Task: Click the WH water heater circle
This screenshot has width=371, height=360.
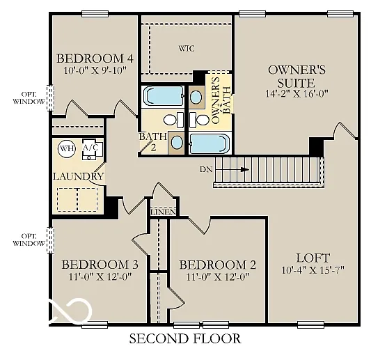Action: pyautogui.click(x=66, y=148)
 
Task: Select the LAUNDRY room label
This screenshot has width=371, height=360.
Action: pyautogui.click(x=78, y=176)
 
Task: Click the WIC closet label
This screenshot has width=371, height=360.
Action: pyautogui.click(x=186, y=49)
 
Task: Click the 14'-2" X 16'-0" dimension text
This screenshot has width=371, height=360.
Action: pyautogui.click(x=297, y=93)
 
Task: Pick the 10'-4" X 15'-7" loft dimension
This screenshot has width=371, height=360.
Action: pyautogui.click(x=313, y=270)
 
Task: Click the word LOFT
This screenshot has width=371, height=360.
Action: pyautogui.click(x=313, y=258)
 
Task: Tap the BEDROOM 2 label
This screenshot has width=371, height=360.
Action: pyautogui.click(x=217, y=265)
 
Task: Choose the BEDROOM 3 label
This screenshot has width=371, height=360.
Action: pyautogui.click(x=100, y=265)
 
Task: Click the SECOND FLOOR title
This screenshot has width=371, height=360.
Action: pyautogui.click(x=185, y=339)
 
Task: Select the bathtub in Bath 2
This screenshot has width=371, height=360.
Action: pyautogui.click(x=161, y=95)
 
